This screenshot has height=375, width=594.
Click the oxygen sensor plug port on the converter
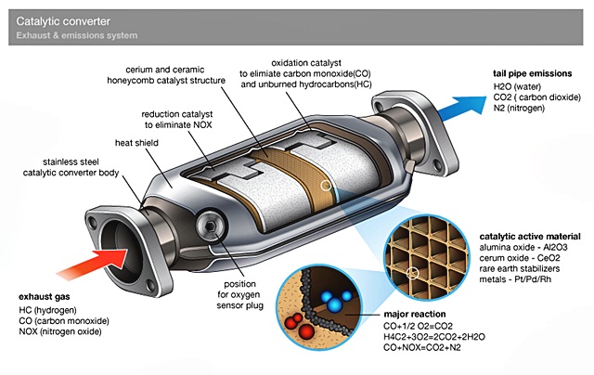[x=211, y=226]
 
